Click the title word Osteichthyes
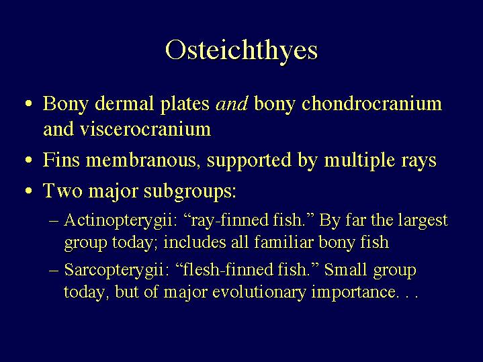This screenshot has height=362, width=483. tap(241, 51)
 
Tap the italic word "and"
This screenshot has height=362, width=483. tap(232, 104)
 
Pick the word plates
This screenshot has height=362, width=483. tap(185, 105)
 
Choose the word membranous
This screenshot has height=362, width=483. tap(141, 160)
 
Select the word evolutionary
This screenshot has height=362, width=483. tap(259, 292)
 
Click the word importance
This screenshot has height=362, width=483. tap(353, 292)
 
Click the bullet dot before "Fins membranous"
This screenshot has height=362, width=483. tap(29, 160)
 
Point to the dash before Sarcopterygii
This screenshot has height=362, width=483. tap(54, 271)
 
